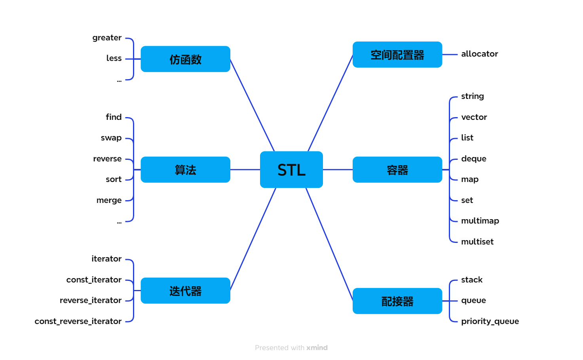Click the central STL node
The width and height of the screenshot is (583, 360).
point(291,170)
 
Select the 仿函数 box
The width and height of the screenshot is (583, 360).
point(185,59)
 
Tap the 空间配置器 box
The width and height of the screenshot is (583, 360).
point(397,55)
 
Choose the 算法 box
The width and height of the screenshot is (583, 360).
point(185,170)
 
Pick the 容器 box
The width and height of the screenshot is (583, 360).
point(397,170)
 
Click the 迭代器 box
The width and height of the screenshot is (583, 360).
point(185,291)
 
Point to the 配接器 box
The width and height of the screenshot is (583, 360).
point(397,301)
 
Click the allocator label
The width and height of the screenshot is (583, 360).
point(479,54)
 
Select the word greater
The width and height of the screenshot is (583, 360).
point(107,38)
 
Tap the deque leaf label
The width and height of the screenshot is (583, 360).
point(473,159)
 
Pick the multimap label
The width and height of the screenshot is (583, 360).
point(480,221)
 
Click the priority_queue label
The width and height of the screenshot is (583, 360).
point(490,321)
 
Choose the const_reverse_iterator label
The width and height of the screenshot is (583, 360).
point(78,321)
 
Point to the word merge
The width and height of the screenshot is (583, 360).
point(109,200)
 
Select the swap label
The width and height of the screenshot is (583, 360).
point(111,138)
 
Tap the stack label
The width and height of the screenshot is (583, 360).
point(472,280)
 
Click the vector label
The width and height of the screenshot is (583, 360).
point(474,117)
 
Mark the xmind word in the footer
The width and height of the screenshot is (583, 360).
point(317,348)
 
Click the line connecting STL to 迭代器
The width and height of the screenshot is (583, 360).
point(253,239)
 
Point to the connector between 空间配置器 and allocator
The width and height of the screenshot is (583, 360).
point(450,55)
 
